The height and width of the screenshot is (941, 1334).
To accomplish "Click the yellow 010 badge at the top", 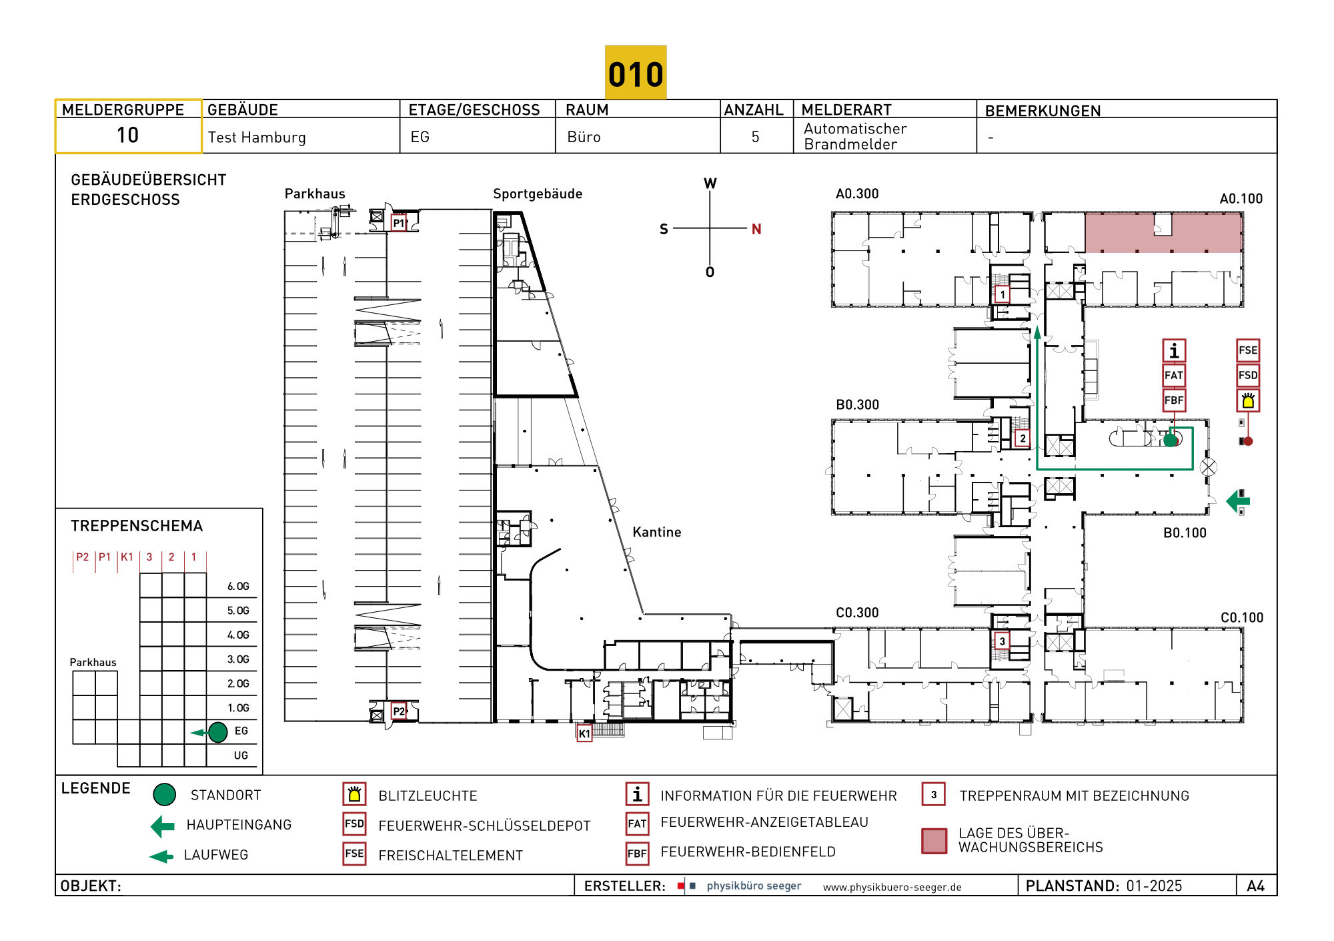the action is [x=636, y=73].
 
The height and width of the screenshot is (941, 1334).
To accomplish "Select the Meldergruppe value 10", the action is [x=127, y=135].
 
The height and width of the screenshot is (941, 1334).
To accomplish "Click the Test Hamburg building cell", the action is [x=257, y=137].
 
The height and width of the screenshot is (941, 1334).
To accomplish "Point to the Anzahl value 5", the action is [x=755, y=137].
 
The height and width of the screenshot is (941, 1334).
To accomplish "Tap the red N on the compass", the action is [x=756, y=229].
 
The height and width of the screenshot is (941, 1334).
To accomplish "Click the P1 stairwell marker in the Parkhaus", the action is [x=399, y=223].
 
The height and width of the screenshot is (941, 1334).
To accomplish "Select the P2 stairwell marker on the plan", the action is [x=399, y=711].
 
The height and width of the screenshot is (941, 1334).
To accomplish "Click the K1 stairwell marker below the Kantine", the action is [x=584, y=733].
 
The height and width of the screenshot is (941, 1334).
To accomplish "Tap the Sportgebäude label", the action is [x=538, y=194].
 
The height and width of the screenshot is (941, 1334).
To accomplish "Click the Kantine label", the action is [x=657, y=532].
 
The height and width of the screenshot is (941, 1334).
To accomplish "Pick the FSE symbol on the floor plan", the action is [x=1248, y=350].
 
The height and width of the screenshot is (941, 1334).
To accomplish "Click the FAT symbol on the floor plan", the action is [x=1174, y=375].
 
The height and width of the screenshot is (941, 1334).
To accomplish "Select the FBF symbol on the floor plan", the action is [x=1174, y=400].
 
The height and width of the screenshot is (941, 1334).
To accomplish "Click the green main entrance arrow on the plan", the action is [x=1238, y=501].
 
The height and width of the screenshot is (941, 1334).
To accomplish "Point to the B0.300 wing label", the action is [x=858, y=405].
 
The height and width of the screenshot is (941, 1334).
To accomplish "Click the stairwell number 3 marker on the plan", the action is [x=1002, y=641].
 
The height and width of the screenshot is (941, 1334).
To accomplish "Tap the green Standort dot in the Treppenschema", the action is [x=218, y=732].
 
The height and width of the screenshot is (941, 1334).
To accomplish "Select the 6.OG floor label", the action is [x=238, y=587].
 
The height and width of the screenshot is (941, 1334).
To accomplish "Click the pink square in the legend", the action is [x=934, y=841].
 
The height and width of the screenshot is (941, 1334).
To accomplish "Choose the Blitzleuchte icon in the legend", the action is [x=354, y=794].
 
